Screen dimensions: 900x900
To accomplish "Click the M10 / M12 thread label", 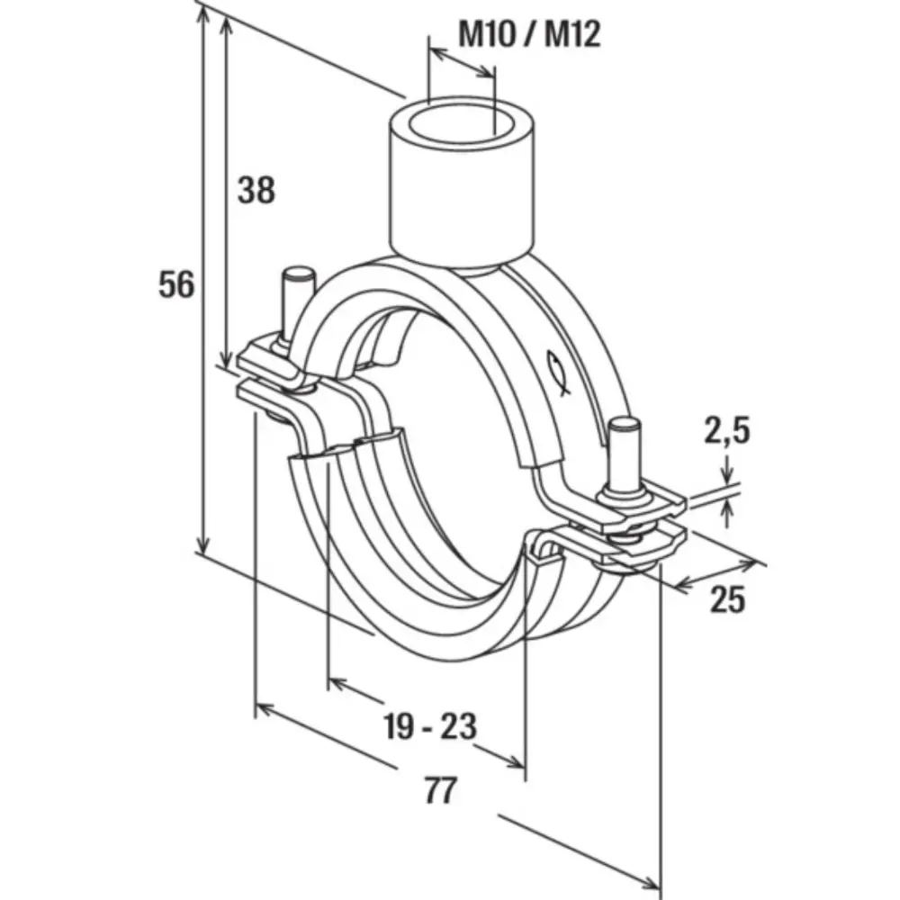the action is coord(529,34).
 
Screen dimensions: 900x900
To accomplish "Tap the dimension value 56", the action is coord(176,284).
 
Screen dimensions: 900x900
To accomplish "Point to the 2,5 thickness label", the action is coord(726,431).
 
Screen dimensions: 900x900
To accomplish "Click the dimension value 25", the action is coord(728,599).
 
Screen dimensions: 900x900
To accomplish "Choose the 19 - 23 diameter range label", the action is coord(430,725).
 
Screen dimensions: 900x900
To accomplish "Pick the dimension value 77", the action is coord(441,790).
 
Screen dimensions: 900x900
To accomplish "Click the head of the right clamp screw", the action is coord(624,426).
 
